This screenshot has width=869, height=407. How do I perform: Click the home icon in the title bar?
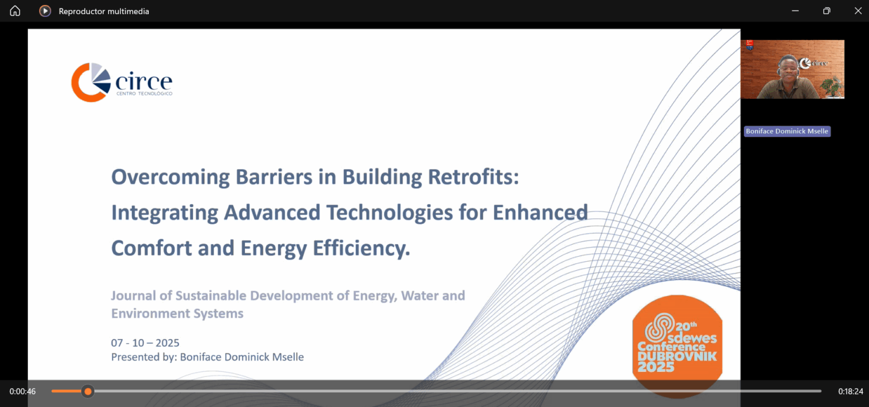click(x=15, y=11)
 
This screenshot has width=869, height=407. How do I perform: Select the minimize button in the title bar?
click(x=795, y=11)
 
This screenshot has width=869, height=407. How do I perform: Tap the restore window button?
click(x=827, y=11)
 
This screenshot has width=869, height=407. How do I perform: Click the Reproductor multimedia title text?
click(x=104, y=11)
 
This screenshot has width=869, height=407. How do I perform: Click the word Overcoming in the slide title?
click(x=169, y=177)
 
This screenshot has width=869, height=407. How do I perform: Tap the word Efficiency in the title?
click(x=359, y=248)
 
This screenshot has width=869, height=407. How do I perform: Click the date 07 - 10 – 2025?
click(x=145, y=343)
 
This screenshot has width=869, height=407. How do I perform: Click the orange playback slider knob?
click(x=88, y=391)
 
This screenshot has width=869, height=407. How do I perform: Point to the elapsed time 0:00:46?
click(x=23, y=391)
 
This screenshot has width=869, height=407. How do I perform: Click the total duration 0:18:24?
click(x=850, y=391)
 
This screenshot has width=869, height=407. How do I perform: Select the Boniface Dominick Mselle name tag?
click(x=786, y=131)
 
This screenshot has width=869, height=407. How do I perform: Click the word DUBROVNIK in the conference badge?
click(x=677, y=356)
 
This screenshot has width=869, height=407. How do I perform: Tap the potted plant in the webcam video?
click(x=831, y=86)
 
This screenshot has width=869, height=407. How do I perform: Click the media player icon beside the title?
click(x=45, y=11)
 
